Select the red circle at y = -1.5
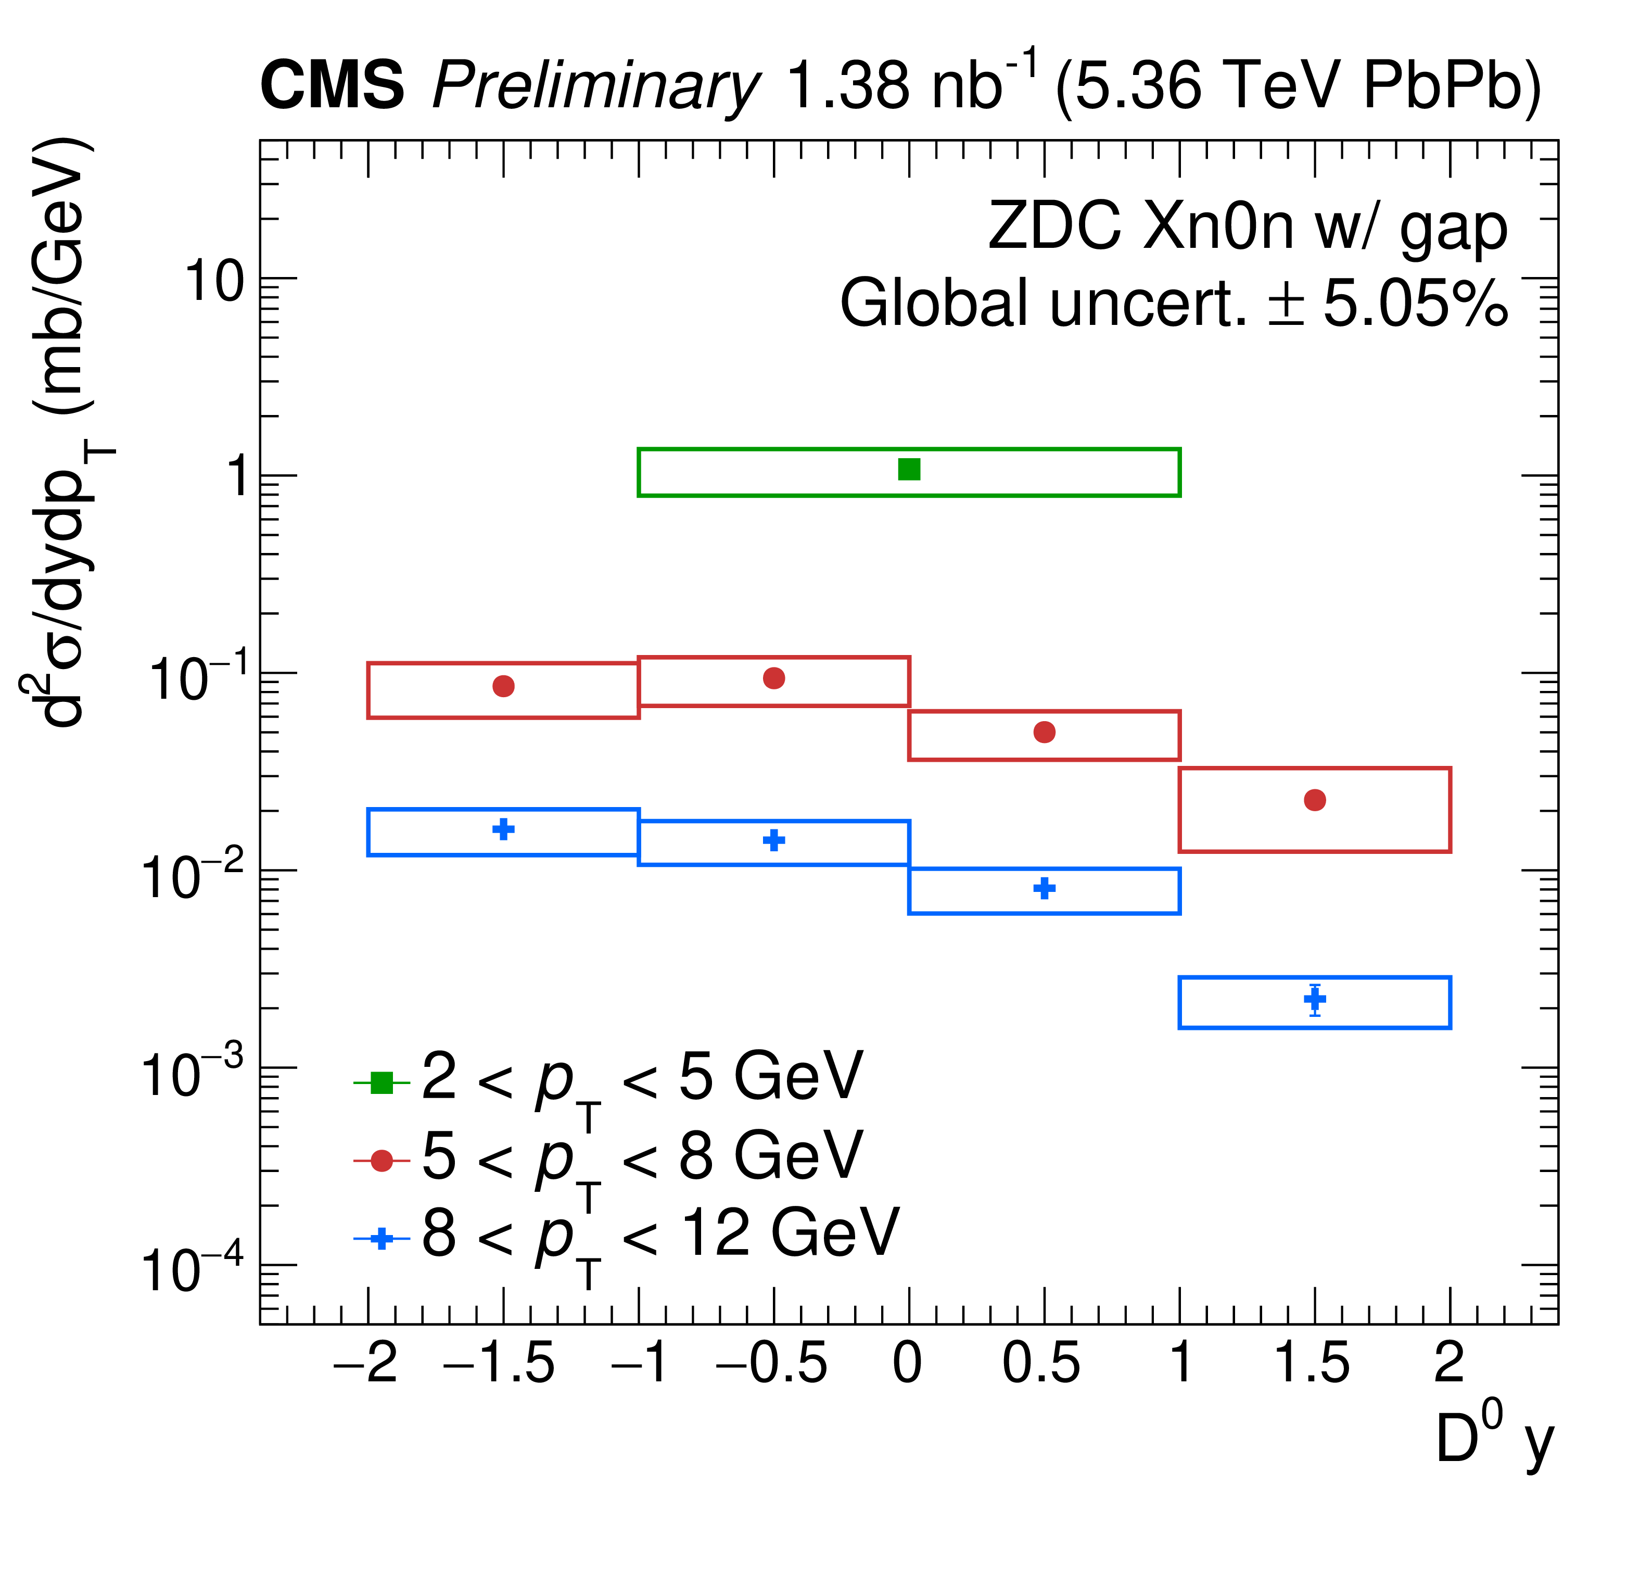coord(503,686)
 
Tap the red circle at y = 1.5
coord(1315,800)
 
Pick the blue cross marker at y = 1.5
coord(1315,999)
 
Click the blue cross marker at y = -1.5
coord(503,830)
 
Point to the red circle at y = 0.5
coord(1044,732)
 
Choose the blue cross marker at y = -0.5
coord(774,840)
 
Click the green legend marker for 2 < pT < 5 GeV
coord(382,1082)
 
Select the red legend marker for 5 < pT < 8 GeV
coord(382,1161)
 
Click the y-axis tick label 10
coord(213,281)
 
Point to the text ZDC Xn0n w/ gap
coord(1247,228)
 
